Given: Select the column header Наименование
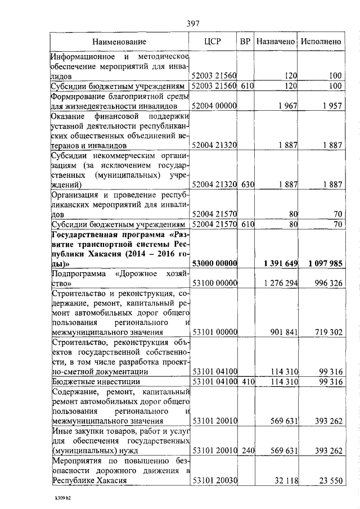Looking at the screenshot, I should pyautogui.click(x=119, y=42).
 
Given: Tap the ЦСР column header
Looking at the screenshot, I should pyautogui.click(x=214, y=42).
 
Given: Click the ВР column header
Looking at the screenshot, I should pyautogui.click(x=245, y=42).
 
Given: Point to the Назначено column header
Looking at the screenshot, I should pyautogui.click(x=276, y=42).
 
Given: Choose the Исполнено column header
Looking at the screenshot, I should pyautogui.click(x=321, y=42).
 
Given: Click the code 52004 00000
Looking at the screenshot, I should pyautogui.click(x=214, y=105).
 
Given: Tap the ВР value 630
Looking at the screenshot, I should pyautogui.click(x=245, y=184).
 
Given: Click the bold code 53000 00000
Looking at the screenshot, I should pyautogui.click(x=214, y=263).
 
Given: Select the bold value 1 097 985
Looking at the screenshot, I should pyautogui.click(x=322, y=263).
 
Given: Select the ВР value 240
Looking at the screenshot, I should pyautogui.click(x=245, y=451).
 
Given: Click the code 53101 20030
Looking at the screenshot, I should pyautogui.click(x=214, y=480).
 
